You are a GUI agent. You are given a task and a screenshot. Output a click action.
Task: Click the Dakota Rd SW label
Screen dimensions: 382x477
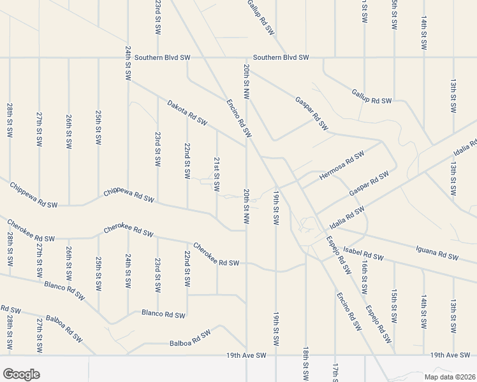point(187,111)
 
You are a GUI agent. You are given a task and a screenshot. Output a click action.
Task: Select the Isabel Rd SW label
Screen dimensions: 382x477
point(363,253)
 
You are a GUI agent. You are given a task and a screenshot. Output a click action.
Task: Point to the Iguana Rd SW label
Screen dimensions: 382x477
point(437,254)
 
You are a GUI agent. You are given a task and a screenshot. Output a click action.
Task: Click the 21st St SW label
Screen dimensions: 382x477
point(217,175)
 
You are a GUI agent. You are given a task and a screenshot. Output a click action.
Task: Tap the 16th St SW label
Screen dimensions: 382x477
point(364,277)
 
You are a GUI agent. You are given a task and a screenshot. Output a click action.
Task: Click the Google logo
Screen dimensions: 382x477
point(21,374)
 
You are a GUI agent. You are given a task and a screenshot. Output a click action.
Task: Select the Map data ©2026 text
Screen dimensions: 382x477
point(450,377)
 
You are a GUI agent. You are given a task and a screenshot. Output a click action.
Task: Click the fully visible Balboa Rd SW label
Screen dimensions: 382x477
point(190,338)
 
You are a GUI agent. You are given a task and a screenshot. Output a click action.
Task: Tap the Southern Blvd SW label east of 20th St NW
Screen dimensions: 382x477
point(281,58)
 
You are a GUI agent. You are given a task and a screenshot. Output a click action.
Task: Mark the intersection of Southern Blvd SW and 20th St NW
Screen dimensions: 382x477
point(247,58)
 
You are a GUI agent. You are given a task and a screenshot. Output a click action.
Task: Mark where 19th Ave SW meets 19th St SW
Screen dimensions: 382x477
point(276,355)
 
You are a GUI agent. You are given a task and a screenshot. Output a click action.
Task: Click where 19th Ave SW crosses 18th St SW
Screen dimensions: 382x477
point(306,355)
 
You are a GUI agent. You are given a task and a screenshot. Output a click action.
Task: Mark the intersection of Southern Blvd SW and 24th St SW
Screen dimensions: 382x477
point(128,58)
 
